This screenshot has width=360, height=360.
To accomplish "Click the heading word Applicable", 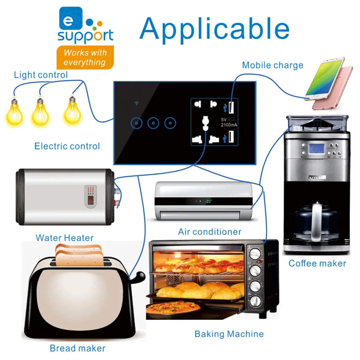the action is click(x=214, y=29).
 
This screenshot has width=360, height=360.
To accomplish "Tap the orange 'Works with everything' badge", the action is click(x=85, y=57).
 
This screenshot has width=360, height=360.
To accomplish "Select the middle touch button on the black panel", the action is click(x=153, y=123).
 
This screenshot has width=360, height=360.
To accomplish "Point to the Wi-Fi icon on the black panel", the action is click(x=136, y=103).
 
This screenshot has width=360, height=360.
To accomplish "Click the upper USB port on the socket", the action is click(x=231, y=106).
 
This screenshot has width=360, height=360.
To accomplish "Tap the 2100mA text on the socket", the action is click(x=229, y=125).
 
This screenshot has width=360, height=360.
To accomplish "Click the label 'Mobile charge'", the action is click(x=273, y=65).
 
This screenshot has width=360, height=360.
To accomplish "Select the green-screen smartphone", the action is click(x=324, y=77).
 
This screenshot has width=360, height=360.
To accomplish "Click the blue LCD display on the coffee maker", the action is click(x=317, y=148).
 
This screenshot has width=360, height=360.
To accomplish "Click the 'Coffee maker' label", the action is click(x=317, y=264).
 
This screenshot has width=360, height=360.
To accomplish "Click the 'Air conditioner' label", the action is click(x=209, y=232).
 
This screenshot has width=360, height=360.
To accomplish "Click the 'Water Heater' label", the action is click(x=65, y=238).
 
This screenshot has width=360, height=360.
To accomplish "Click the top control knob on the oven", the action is click(x=255, y=253).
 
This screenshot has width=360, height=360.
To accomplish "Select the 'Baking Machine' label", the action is click(x=229, y=334).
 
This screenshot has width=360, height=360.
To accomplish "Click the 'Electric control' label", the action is click(x=67, y=146).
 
